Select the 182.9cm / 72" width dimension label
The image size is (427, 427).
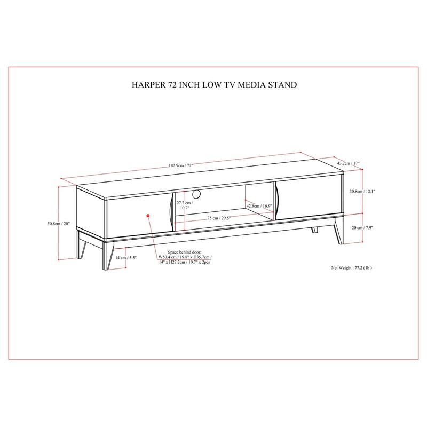[181, 165]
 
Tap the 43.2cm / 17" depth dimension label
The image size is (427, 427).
[349, 163]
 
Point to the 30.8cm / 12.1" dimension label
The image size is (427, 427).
[362, 192]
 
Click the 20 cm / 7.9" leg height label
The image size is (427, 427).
[362, 228]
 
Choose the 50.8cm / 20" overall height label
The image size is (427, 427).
[59, 224]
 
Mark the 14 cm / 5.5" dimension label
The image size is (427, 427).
[125, 258]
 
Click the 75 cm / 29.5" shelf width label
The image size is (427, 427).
[219, 218]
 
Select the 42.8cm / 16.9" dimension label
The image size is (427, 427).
[259, 206]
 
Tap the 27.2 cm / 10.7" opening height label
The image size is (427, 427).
[185, 205]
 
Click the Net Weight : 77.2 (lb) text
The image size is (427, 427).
[351, 268]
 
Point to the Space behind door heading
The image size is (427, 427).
[184, 252]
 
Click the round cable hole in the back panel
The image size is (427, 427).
[196, 194]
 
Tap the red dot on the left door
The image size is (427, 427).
[148, 216]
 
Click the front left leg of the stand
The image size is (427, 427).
[108, 255]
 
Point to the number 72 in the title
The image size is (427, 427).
[172, 85]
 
